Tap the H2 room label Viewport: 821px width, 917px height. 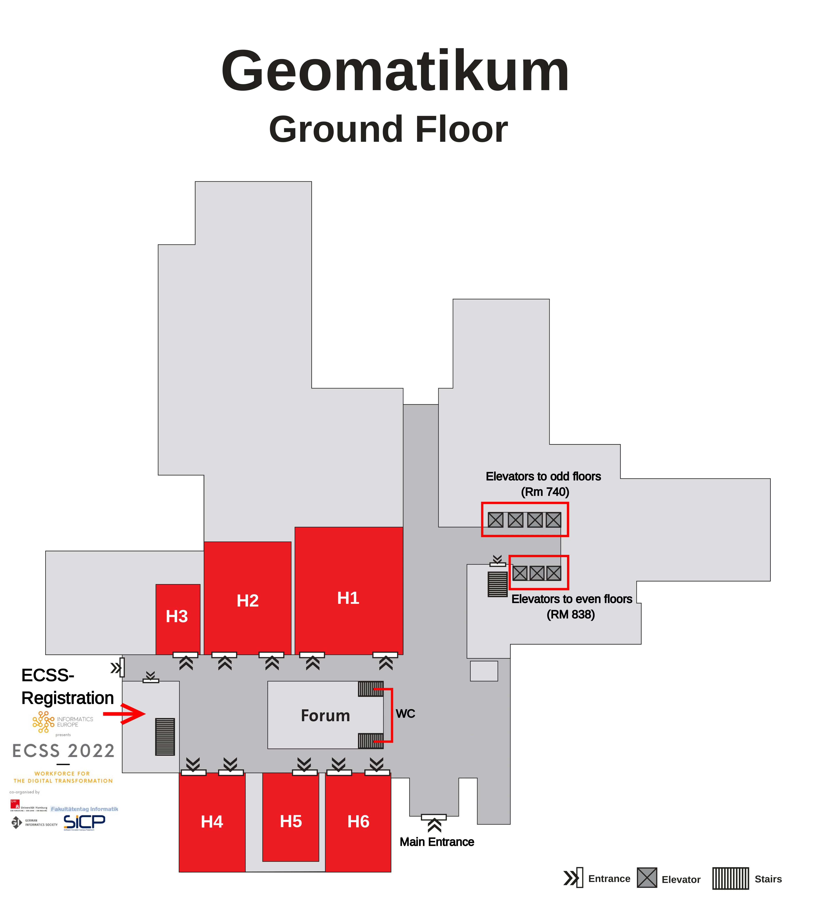coord(248,601)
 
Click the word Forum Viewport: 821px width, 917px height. coord(325,716)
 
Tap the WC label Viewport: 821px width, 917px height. coord(405,714)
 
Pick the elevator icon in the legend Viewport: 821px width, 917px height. coord(647,878)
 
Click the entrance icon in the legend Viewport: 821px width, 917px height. coord(573,878)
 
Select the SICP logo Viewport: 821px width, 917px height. coord(84,822)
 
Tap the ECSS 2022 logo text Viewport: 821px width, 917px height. coord(63,751)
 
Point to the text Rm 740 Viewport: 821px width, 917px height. coord(545,492)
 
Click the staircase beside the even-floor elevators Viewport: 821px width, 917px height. coord(498,584)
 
